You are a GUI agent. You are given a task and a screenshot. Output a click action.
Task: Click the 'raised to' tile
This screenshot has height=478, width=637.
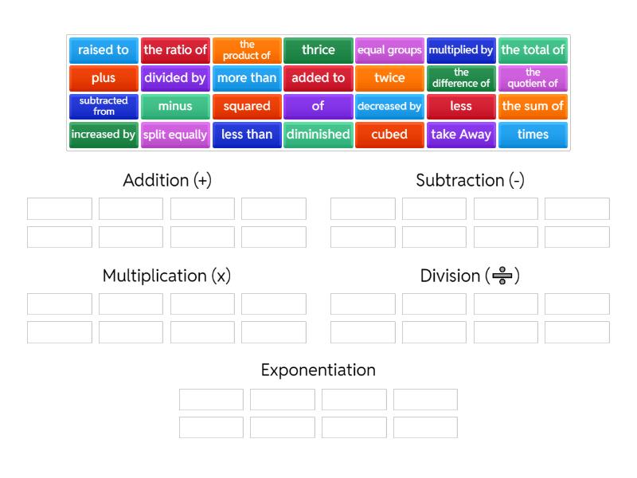(104, 50)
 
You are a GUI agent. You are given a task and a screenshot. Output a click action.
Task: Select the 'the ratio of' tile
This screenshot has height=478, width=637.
(174, 50)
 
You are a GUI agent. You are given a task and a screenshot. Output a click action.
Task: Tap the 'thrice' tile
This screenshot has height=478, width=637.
(318, 50)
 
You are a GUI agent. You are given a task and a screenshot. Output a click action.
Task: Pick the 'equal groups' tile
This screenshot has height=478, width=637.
(389, 50)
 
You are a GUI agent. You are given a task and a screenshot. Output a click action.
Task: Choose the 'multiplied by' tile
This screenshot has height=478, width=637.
(461, 50)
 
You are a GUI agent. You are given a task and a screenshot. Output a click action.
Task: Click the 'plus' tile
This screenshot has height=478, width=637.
(104, 78)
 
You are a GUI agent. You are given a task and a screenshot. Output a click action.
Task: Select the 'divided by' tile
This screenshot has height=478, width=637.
(174, 78)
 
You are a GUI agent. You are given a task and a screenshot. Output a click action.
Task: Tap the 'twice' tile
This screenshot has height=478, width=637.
(389, 78)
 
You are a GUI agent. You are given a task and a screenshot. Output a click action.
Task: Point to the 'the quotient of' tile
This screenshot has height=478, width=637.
(533, 78)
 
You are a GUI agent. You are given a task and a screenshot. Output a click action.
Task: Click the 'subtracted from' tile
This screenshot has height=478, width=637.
(104, 106)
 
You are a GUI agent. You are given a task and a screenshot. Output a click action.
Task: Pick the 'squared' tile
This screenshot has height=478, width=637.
(246, 106)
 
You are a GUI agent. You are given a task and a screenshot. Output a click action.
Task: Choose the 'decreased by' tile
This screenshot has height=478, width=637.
(389, 106)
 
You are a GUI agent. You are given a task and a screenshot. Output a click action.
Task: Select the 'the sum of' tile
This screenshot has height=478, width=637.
(533, 106)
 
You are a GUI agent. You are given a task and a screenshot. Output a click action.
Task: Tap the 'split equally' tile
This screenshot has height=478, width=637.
(174, 135)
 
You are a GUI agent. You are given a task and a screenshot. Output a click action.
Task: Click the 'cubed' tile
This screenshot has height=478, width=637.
(389, 135)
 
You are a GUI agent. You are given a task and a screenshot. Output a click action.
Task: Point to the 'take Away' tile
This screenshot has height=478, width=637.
(461, 135)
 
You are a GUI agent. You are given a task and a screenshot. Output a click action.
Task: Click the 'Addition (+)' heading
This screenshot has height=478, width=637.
(167, 180)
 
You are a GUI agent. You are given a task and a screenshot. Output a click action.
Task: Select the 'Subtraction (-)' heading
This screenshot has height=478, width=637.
(470, 180)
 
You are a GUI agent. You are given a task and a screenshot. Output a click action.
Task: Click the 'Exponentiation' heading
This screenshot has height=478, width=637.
(318, 370)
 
